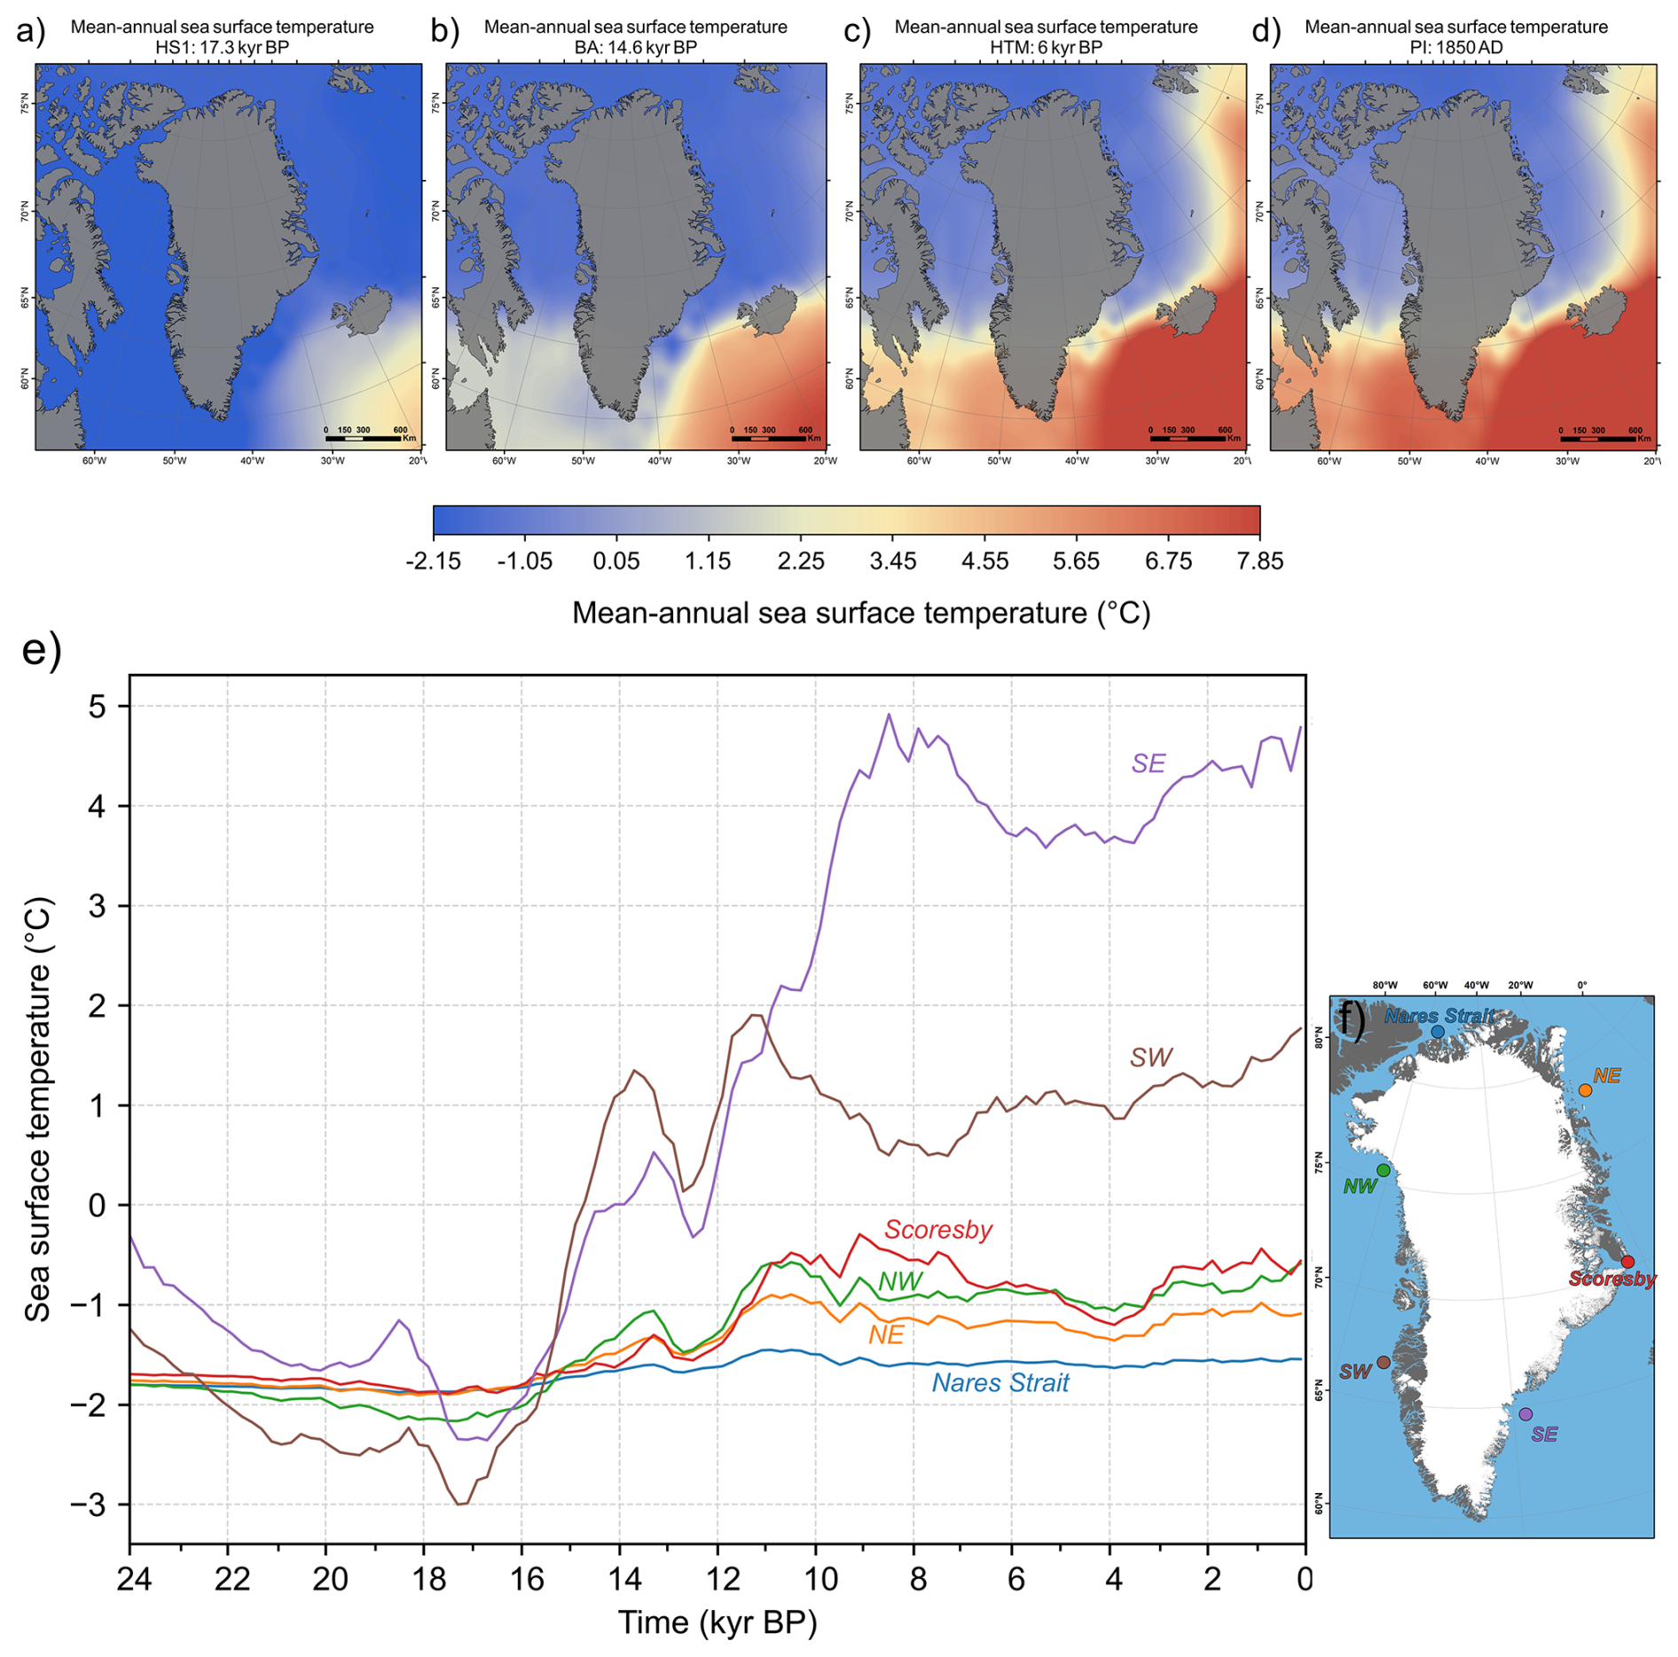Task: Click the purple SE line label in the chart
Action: [1148, 763]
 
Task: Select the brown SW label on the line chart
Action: [1150, 1057]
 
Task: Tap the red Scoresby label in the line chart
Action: [937, 1230]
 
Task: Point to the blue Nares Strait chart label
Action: [1000, 1383]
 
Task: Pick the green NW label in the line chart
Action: [900, 1281]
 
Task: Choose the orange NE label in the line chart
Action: [886, 1335]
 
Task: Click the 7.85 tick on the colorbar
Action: [1260, 561]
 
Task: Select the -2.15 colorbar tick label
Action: [433, 561]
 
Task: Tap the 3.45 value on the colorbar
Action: [892, 561]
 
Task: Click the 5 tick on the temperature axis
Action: [97, 707]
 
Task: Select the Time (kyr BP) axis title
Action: [717, 1622]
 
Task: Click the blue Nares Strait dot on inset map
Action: [1438, 1032]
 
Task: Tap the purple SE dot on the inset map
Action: [1525, 1414]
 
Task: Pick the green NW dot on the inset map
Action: [1384, 1170]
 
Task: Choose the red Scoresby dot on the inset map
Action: [1627, 1262]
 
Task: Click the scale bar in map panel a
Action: [363, 438]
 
